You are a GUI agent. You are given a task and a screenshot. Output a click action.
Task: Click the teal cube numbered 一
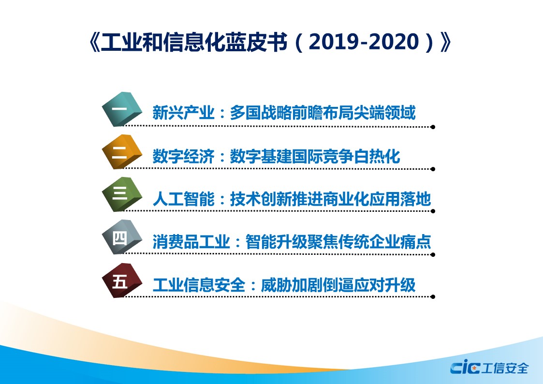click(x=122, y=109)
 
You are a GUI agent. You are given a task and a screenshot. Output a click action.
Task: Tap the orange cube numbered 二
click(x=122, y=152)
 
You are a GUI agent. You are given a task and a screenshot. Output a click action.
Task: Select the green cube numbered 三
click(x=122, y=194)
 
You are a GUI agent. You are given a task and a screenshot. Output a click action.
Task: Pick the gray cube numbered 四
click(x=122, y=237)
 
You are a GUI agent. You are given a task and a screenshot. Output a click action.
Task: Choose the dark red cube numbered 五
click(x=122, y=280)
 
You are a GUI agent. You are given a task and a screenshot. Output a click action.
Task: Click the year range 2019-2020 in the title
click(x=364, y=42)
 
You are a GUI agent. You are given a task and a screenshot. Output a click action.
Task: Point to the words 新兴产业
click(x=183, y=113)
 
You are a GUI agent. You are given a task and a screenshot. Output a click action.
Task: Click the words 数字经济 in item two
click(x=183, y=157)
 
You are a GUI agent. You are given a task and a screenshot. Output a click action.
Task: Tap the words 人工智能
click(x=183, y=199)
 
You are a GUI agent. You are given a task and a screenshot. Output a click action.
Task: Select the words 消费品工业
click(x=191, y=242)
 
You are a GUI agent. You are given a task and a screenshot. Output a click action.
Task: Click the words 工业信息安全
click(x=199, y=285)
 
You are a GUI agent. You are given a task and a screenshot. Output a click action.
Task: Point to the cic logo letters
click(x=465, y=367)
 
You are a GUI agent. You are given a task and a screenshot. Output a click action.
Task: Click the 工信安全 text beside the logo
click(x=505, y=368)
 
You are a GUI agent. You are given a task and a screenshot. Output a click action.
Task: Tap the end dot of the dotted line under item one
click(x=433, y=127)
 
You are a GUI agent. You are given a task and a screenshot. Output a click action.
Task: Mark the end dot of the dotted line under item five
click(x=433, y=297)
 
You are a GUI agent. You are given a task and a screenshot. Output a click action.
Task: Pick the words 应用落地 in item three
click(x=400, y=199)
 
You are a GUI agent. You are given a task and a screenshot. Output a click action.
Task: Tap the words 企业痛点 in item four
click(x=400, y=242)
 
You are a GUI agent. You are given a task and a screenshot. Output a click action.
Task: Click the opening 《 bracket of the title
click(x=94, y=42)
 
